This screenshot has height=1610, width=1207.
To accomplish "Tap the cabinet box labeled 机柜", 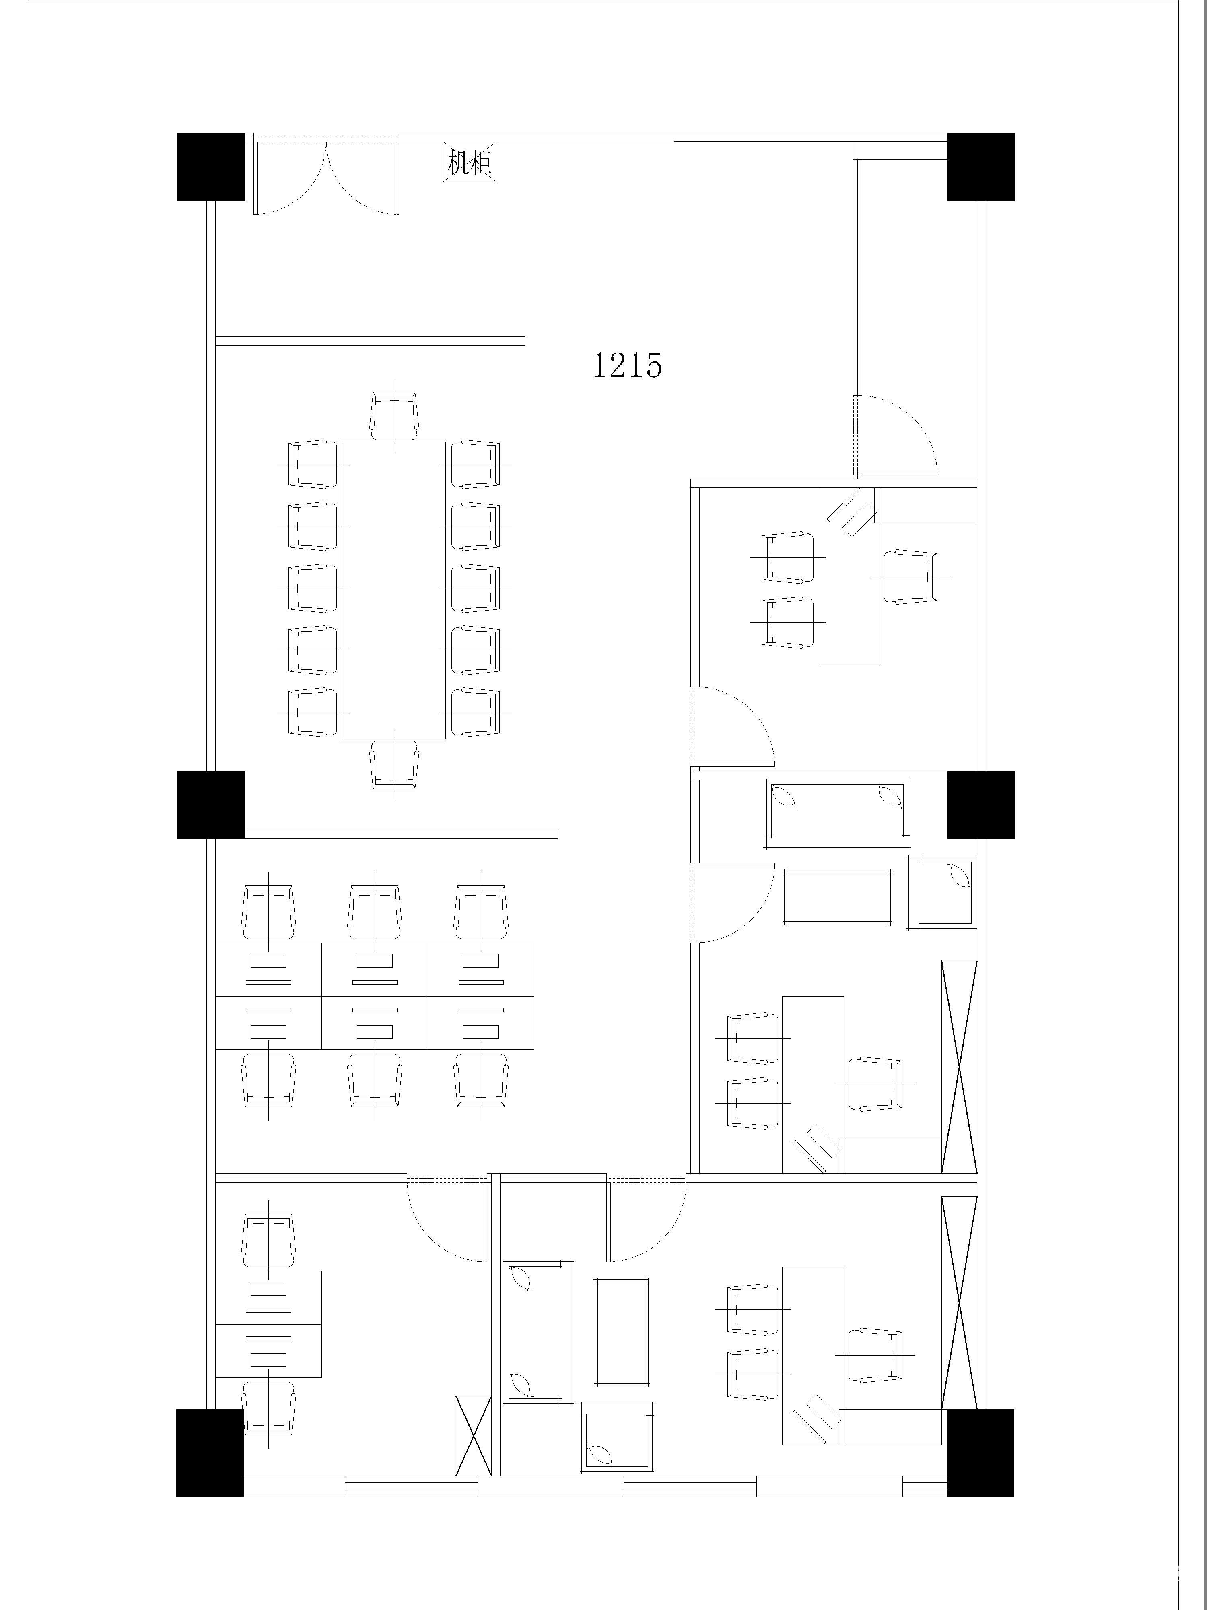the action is (469, 161).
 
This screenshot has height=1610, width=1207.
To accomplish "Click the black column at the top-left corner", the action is (210, 167).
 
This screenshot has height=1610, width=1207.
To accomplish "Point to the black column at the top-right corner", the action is (981, 167).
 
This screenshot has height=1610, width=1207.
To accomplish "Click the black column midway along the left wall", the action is (210, 804).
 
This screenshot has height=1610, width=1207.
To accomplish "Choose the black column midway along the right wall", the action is (981, 804).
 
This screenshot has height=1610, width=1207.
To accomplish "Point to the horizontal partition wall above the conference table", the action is (370, 341).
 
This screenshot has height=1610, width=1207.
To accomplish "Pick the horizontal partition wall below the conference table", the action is (401, 834).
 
